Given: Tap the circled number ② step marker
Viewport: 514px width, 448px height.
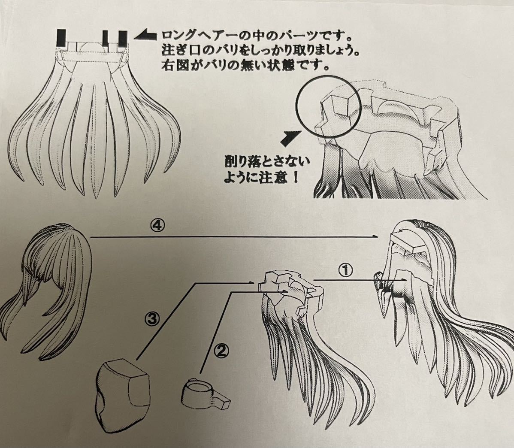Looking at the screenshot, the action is coord(221,351).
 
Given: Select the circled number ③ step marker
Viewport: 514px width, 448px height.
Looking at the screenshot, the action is coord(154,318).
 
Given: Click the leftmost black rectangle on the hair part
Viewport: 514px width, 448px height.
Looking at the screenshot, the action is coord(62,38).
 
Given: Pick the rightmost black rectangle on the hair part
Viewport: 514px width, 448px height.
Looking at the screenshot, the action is coord(123,39).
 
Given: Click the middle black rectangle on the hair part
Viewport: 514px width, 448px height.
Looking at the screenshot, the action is coord(106,39).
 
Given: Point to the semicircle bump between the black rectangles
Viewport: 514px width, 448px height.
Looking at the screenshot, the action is coord(90,46).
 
